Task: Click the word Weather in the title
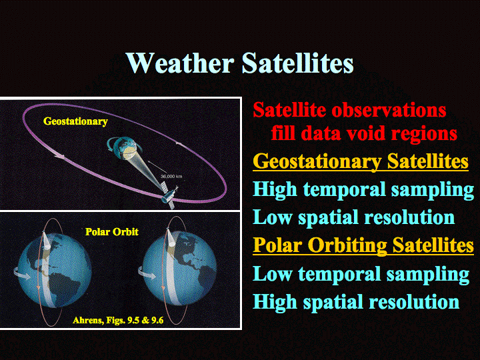pyautogui.click(x=180, y=63)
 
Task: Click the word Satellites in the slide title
pyautogui.click(x=298, y=63)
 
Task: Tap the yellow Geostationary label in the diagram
pyautogui.click(x=75, y=121)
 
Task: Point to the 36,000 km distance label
pyautogui.click(x=171, y=176)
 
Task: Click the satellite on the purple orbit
pyautogui.click(x=169, y=194)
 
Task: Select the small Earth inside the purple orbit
pyautogui.click(x=125, y=148)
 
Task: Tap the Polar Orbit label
pyautogui.click(x=112, y=232)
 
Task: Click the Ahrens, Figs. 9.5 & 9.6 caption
pyautogui.click(x=118, y=320)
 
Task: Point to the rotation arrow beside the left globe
pyautogui.click(x=22, y=273)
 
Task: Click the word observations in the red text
pyautogui.click(x=389, y=109)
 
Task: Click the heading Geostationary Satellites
pyautogui.click(x=361, y=161)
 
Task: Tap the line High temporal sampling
pyautogui.click(x=364, y=190)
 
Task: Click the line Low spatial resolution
pyautogui.click(x=354, y=217)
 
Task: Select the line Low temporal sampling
pyautogui.click(x=361, y=274)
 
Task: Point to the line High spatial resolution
pyautogui.click(x=356, y=302)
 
